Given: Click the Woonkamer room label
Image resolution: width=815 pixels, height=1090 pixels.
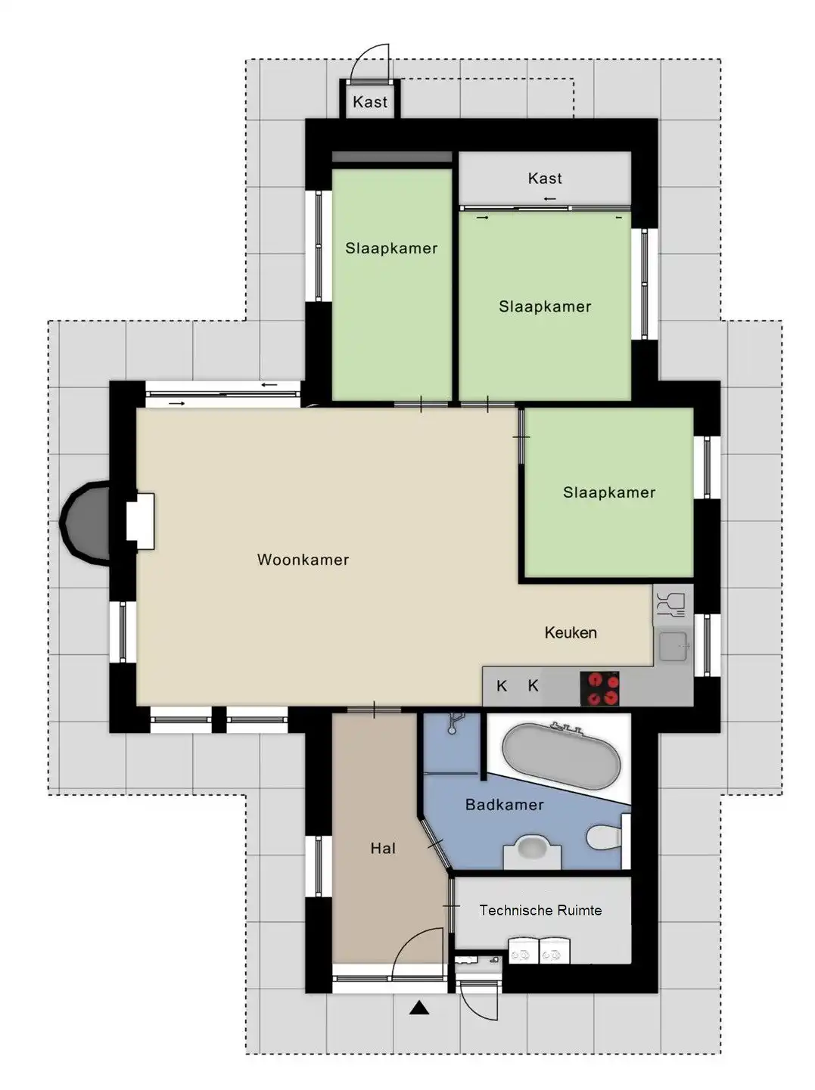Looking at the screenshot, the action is coord(303,560).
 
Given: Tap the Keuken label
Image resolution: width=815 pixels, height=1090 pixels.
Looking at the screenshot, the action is coord(570,632).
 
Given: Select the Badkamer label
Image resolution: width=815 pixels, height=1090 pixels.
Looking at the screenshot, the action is coord(504,804).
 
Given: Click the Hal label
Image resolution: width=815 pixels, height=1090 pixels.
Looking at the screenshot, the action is coord(383,848).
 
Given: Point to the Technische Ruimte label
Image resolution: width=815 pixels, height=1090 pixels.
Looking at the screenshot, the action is coord(540,910).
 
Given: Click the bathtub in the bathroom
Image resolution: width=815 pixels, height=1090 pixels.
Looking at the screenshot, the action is coord(561,756).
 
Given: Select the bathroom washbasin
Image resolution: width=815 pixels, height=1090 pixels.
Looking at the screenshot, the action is coord(532,850).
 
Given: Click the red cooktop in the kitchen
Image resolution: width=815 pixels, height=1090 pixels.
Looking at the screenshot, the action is coord(599,688).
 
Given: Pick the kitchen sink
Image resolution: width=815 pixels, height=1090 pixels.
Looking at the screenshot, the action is coord(673,646).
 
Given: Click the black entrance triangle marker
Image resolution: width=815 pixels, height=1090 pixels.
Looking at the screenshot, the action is coord(419,1008).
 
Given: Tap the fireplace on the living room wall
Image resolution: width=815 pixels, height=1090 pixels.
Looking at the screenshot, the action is coord(140,521).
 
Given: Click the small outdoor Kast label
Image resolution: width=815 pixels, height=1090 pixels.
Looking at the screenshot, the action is coord(369,102).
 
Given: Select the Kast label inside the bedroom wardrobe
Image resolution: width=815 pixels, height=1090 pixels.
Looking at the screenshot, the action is coord(544,179).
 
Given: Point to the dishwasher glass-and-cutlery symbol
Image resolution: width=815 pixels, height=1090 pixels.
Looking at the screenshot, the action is coord(671,604).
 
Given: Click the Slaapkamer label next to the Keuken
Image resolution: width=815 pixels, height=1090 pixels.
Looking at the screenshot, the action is coord(609,492).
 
